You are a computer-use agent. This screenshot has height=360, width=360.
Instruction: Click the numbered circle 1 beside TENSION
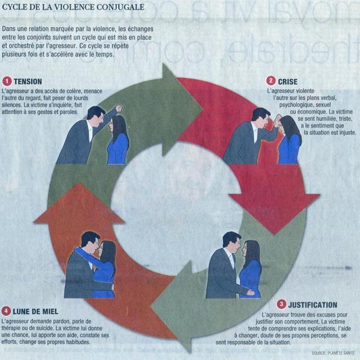tap(7, 81)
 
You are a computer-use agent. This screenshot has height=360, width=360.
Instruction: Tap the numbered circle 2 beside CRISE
tap(271, 81)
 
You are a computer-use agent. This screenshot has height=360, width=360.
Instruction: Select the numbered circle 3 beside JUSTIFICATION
tap(281, 305)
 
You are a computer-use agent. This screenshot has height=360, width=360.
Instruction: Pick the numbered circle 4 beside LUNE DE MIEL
tap(6, 311)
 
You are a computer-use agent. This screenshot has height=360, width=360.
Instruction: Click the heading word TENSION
tap(28, 82)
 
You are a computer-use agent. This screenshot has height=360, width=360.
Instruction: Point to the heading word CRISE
tap(287, 82)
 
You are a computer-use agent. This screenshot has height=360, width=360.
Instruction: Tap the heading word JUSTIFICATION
tap(313, 305)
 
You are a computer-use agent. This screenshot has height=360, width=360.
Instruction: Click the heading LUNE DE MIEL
tap(35, 312)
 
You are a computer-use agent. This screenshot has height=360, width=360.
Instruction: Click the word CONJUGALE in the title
tap(121, 7)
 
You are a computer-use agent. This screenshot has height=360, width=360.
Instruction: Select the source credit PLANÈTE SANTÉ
tap(341, 353)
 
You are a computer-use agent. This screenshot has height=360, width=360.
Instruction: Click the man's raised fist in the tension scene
tap(119, 108)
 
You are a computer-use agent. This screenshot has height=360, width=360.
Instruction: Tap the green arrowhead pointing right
tap(182, 110)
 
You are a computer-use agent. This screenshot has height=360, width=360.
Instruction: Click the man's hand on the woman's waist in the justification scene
tap(250, 292)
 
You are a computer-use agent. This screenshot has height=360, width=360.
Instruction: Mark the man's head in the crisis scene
tap(261, 117)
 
